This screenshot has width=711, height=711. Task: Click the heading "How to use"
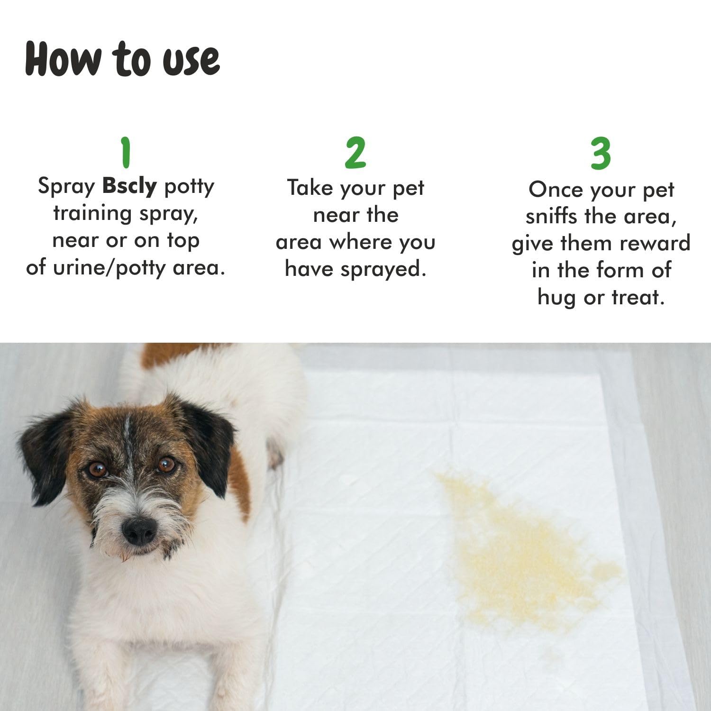tap(122, 59)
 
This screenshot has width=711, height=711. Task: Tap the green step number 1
tap(126, 152)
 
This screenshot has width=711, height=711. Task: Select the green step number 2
tap(355, 153)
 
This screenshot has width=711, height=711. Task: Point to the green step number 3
tap(601, 154)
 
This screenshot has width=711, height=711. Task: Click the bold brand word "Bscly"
tap(129, 186)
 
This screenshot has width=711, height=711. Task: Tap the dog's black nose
tap(139, 530)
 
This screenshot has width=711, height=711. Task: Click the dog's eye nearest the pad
tap(166, 464)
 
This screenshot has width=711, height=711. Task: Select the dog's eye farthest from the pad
tap(98, 470)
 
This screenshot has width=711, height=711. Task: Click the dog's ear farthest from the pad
tap(45, 450)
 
